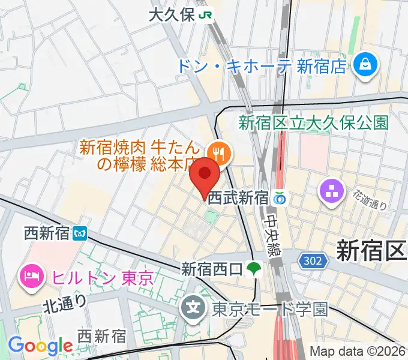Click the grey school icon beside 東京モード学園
tap(194, 310)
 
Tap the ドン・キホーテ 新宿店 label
tap(262, 65)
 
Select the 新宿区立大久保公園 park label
tap(313, 123)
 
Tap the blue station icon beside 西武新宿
tap(279, 197)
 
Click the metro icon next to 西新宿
tap(80, 232)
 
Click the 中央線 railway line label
tap(272, 237)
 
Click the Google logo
tap(40, 346)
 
